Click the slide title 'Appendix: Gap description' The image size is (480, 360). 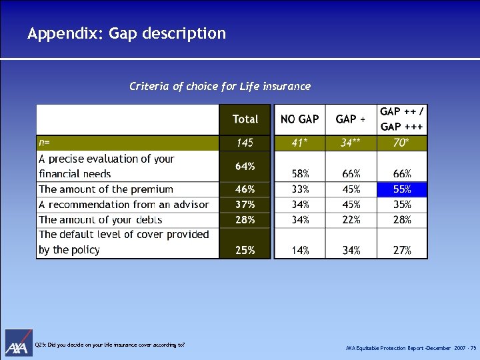click(127, 33)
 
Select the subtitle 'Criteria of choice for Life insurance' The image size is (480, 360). click(220, 86)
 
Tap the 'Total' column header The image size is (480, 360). click(245, 119)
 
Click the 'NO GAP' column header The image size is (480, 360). click(299, 119)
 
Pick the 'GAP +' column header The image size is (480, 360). click(351, 119)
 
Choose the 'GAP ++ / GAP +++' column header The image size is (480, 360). click(402, 119)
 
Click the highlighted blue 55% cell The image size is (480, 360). click(402, 189)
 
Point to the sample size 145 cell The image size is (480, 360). click(245, 143)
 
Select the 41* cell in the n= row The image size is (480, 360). click(299, 143)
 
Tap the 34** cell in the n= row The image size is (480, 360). click(351, 143)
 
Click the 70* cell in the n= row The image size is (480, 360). click(402, 143)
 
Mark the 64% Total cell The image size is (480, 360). click(245, 166)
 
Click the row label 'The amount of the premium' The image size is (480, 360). click(106, 189)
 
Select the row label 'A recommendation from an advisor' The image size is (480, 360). click(124, 205)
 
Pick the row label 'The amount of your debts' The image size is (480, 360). click(101, 219)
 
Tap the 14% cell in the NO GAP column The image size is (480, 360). click(299, 251)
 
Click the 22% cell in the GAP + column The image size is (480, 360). click(351, 219)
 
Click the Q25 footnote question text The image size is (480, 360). click(109, 345)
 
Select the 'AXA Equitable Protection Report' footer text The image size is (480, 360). click(411, 349)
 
